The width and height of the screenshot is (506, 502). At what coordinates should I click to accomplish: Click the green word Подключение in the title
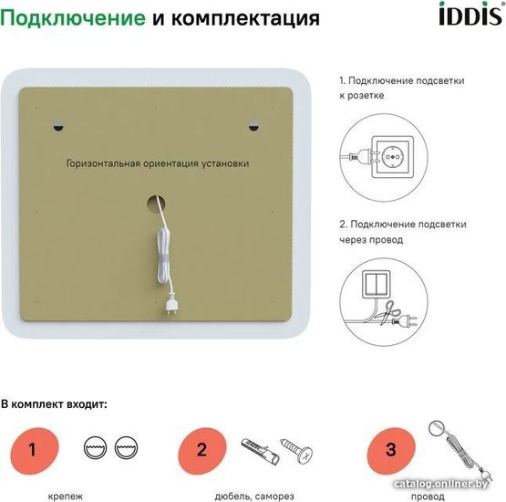[73, 18]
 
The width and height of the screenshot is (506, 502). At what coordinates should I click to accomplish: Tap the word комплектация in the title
[245, 19]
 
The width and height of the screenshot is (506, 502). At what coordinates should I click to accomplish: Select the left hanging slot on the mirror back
[58, 127]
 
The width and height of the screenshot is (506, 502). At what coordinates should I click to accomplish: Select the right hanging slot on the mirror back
[253, 127]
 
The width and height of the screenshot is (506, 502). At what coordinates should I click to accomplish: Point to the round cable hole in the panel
[156, 204]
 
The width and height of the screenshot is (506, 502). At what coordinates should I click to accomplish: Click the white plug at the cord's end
[170, 303]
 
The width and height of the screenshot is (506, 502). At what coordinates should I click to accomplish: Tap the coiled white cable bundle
[164, 256]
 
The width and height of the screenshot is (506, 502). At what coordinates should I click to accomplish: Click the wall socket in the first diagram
[392, 157]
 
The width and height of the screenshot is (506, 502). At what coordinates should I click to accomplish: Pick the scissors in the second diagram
[390, 312]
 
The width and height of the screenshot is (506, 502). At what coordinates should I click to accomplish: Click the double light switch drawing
[377, 284]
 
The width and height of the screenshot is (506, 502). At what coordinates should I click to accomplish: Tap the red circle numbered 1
[35, 450]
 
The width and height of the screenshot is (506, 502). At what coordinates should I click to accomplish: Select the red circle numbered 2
[202, 450]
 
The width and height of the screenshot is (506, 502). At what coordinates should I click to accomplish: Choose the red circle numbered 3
[391, 450]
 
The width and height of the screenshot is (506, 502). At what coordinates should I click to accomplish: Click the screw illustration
[297, 450]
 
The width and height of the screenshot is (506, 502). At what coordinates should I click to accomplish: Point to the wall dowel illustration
[260, 451]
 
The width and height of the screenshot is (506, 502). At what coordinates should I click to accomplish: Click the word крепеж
[65, 497]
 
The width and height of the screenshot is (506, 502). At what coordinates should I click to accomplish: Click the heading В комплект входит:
[54, 404]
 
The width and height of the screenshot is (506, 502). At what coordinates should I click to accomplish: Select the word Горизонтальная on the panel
[103, 163]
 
